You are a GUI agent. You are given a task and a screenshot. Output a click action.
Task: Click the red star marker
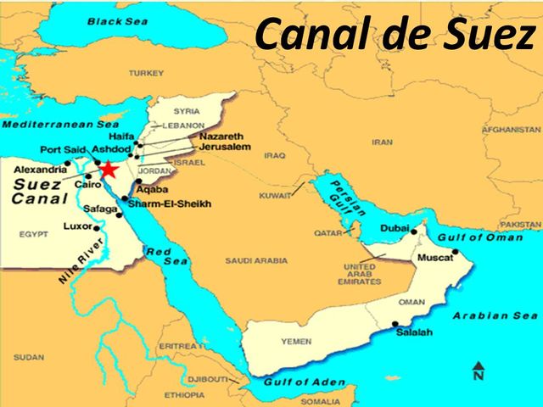[x=109, y=170]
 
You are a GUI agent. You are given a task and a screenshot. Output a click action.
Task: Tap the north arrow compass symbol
[x=479, y=370]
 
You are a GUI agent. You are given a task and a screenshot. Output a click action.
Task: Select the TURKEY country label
[x=146, y=73]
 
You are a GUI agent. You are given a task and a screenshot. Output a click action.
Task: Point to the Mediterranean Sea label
[x=59, y=125]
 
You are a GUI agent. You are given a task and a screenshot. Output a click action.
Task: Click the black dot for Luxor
[x=98, y=227]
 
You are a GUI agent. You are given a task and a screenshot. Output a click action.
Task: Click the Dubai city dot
[x=414, y=231]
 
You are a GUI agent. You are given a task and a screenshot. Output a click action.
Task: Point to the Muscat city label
[x=433, y=257]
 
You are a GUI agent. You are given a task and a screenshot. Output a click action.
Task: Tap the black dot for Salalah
[x=395, y=323]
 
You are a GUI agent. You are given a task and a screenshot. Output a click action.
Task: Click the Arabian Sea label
[x=495, y=315]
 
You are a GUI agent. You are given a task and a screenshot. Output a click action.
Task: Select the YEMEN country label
[x=296, y=342]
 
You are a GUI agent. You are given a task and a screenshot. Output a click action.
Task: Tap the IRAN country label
[x=383, y=143]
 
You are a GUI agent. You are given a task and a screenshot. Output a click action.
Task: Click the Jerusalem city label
[x=225, y=148]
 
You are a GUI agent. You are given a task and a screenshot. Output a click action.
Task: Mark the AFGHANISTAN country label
[x=511, y=130]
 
